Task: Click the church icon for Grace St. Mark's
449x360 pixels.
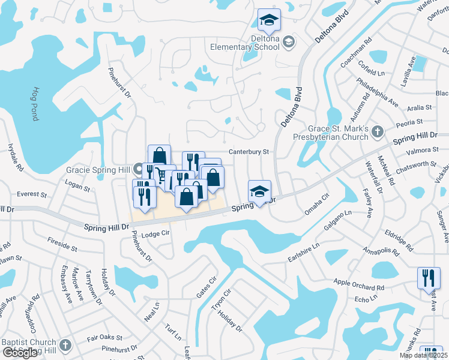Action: coord(377,131)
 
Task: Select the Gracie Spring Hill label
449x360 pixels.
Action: coord(98,169)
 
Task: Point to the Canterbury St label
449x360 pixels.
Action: coord(247,152)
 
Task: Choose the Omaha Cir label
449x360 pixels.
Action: coord(318,203)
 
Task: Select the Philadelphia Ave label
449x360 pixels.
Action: coord(377,91)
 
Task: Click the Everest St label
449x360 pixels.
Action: coord(32,194)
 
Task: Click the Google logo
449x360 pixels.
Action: coord(20,353)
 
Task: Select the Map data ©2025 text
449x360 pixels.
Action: coord(423,355)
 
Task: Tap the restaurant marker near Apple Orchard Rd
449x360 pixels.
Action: coord(428,278)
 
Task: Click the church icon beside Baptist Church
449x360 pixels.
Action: coord(65,345)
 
